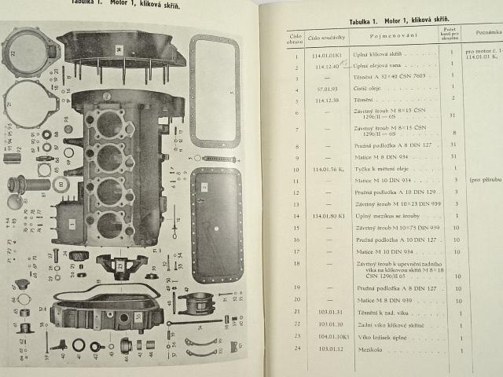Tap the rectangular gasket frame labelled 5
(215, 90)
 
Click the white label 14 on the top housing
(119, 49)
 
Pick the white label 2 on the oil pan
(204, 187)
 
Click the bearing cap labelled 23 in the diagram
(120, 265)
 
